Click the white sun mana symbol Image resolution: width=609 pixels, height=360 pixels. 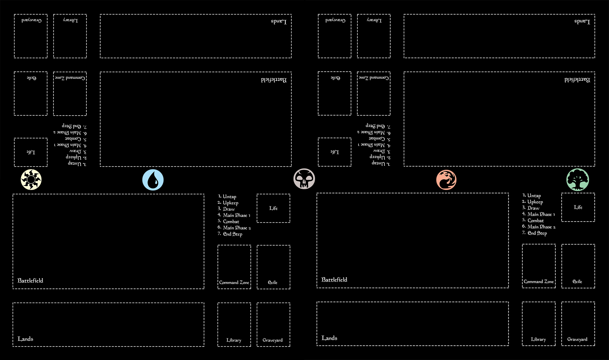tap(31, 179)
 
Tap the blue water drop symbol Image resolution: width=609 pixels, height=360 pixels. tap(153, 180)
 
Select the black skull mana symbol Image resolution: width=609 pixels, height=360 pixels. tap(304, 179)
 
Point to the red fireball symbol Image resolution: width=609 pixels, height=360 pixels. tap(446, 180)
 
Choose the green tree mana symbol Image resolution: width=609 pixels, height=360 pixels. tap(578, 180)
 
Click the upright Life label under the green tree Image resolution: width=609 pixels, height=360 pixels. tap(578, 207)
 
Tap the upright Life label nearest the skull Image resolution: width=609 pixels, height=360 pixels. tap(273, 208)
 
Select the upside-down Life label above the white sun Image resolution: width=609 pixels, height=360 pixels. tap(31, 152)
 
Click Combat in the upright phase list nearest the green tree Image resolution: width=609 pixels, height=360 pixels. tap(535, 220)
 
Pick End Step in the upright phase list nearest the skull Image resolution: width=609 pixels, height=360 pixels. tap(233, 234)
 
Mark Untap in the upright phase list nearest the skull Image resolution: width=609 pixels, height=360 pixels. tap(229, 196)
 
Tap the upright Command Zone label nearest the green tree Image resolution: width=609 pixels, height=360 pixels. tap(539, 281)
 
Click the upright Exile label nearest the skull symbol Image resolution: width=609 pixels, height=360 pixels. tap(273, 282)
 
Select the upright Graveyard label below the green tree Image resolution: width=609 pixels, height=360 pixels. tap(577, 339)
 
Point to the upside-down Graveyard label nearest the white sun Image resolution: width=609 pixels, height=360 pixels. tap(32, 20)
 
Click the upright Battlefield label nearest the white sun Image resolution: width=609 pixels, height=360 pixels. tap(30, 281)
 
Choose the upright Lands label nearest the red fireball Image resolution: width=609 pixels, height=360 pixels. tap(329, 338)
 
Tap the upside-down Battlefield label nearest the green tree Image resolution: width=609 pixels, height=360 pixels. tap(577, 80)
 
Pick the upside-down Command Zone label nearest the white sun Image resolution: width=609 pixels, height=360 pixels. tap(70, 78)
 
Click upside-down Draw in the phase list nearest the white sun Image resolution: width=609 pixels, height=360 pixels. tap(75, 151)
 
